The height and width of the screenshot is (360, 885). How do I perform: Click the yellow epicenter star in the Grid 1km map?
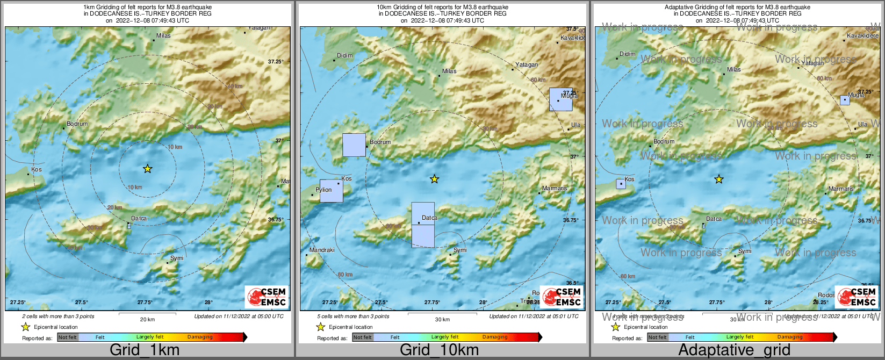pos(148,169)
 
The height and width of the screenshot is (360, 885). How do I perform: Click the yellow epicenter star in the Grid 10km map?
pos(434,179)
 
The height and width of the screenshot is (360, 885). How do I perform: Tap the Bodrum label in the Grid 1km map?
pos(77,124)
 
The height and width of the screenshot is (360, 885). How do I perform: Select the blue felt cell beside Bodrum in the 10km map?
pos(354,145)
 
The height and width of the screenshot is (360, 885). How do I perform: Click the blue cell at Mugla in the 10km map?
pos(560,100)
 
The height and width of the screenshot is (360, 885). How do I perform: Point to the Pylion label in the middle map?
pos(323,190)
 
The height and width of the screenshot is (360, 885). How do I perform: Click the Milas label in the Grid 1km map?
pos(163,36)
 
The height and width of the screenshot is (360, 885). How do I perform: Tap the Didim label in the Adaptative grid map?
pos(627,54)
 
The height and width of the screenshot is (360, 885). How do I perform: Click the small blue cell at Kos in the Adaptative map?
pos(621,184)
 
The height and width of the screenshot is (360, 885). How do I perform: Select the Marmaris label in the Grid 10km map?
pos(555,188)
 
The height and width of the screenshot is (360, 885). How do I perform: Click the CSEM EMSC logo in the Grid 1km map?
pos(267,297)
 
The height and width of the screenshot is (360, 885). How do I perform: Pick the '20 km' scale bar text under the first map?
pos(147,320)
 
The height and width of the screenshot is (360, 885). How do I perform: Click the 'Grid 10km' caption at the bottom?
pos(439,350)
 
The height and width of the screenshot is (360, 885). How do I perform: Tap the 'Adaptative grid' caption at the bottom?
pos(734,350)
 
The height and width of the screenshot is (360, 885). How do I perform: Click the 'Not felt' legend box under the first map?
pos(67,337)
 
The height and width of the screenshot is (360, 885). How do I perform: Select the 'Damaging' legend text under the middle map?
pos(495,337)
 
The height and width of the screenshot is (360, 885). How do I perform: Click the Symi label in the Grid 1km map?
pos(177,258)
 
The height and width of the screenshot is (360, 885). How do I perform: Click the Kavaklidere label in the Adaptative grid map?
pos(862,35)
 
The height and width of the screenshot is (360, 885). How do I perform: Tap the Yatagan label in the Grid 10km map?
pos(527,64)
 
